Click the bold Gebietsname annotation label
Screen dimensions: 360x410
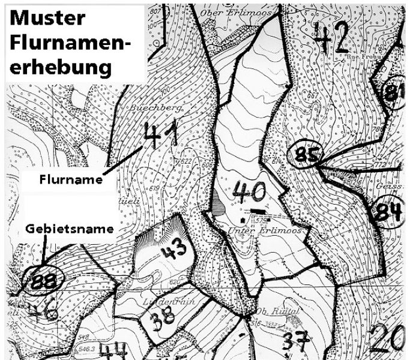69,229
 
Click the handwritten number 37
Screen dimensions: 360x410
295,342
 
